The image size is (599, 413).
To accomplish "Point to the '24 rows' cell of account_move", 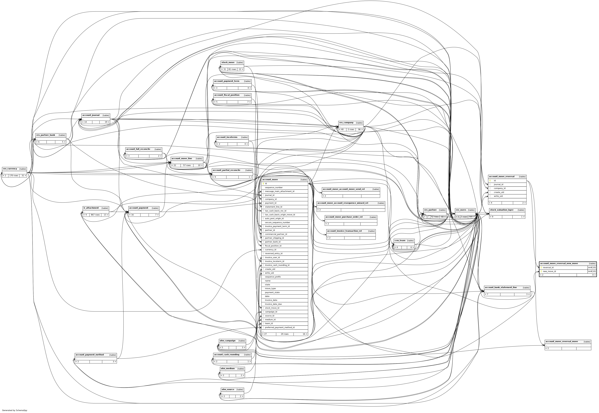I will [284, 334].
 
